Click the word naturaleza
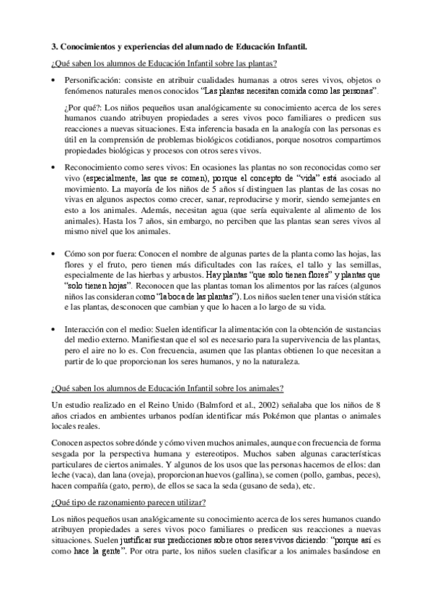click(268, 360)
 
